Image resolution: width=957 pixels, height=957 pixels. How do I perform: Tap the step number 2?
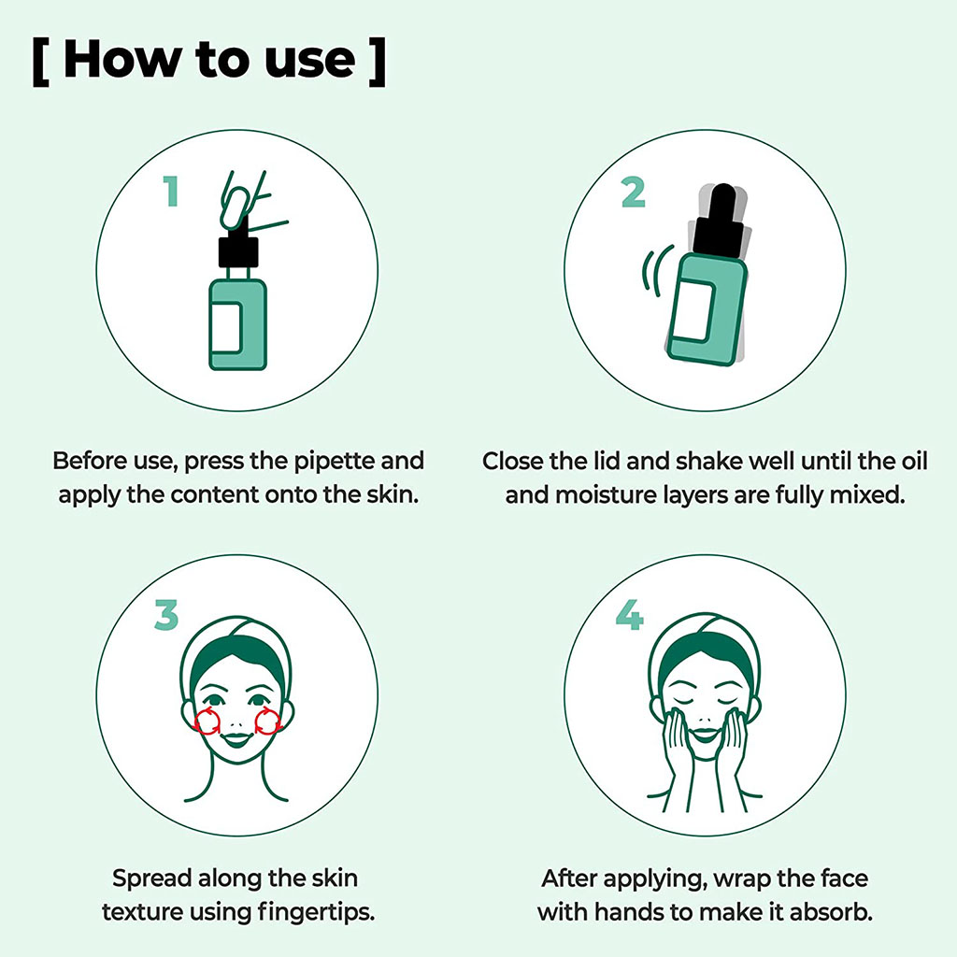633,192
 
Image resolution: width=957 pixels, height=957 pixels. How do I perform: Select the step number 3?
165,616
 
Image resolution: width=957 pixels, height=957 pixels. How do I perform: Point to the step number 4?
629,616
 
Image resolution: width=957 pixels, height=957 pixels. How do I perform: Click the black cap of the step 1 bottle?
236,250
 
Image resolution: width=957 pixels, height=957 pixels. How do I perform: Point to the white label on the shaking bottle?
694,311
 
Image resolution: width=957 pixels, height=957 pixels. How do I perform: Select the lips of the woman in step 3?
237,738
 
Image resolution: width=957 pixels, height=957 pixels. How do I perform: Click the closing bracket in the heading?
376,61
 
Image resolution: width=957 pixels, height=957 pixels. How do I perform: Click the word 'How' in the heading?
120,59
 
